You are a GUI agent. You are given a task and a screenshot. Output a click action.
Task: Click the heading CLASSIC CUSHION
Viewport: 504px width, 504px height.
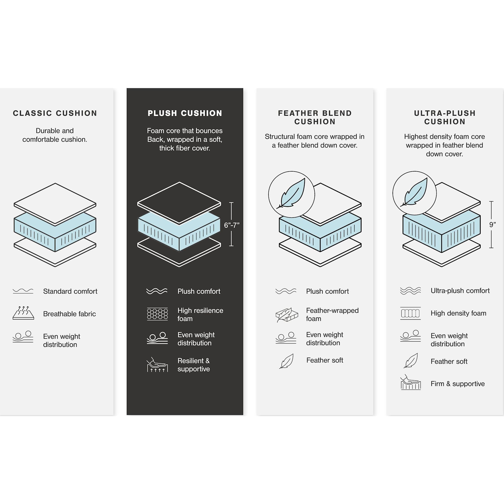pos(55,113)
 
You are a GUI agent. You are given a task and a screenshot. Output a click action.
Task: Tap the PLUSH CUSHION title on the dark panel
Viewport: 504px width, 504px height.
pos(185,113)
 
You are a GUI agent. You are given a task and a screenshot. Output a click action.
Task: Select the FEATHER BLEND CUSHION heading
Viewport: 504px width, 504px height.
pos(315,117)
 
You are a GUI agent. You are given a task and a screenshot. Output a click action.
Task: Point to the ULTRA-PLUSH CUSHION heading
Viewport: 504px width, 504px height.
pos(445,117)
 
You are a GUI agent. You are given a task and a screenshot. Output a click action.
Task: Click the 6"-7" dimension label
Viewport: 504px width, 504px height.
pos(232,225)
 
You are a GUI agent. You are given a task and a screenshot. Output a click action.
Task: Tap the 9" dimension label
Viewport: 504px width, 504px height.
pos(492,225)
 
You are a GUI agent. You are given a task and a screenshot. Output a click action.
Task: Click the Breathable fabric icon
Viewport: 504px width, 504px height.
pos(23,313)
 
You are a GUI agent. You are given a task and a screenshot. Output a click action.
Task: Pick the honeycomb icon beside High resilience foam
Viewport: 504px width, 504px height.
pos(157,314)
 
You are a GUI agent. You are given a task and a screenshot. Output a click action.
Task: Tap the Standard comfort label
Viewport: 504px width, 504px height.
pos(70,291)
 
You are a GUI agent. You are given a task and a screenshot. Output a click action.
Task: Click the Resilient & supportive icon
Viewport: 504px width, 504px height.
pos(157,364)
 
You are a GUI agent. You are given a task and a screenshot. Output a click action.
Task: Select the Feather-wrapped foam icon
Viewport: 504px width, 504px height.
pos(286,315)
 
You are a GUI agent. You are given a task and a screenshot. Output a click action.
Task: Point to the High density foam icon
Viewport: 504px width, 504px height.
pos(410,313)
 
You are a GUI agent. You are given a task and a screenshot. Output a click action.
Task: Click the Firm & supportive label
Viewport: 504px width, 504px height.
pos(457,384)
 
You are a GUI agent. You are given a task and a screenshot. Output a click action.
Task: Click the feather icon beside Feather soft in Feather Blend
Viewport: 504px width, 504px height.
pos(286,361)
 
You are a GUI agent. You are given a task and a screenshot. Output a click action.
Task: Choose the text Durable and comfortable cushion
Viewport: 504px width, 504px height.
pos(55,135)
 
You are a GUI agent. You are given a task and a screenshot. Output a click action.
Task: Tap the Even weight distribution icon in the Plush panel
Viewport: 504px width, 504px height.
pos(157,338)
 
